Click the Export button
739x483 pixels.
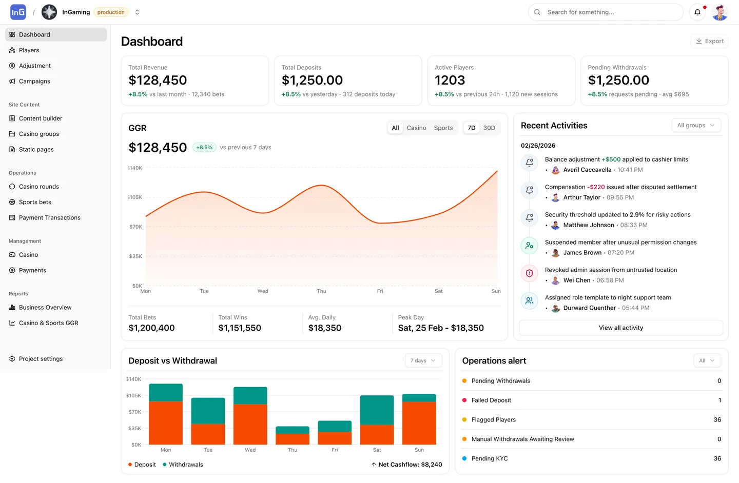click(x=710, y=41)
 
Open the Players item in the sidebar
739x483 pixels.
click(x=29, y=50)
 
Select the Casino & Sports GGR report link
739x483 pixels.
click(x=48, y=323)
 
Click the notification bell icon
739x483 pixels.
click(x=697, y=12)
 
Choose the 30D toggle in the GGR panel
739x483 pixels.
click(x=489, y=128)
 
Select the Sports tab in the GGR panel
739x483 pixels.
click(x=443, y=128)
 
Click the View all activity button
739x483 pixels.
click(x=620, y=328)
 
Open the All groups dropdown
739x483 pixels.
click(x=696, y=126)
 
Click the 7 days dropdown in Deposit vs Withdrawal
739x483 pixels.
click(x=423, y=360)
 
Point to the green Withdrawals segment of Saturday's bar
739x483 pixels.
click(x=377, y=410)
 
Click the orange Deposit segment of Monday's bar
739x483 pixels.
click(x=166, y=422)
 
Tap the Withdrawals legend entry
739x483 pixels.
click(x=186, y=465)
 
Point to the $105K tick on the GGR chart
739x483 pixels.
click(x=135, y=197)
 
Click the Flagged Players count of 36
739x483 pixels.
click(x=717, y=419)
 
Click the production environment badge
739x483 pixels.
click(x=111, y=12)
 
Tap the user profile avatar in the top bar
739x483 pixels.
click(x=720, y=12)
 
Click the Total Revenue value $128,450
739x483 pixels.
click(x=158, y=80)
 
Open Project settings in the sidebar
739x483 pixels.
click(x=41, y=359)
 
